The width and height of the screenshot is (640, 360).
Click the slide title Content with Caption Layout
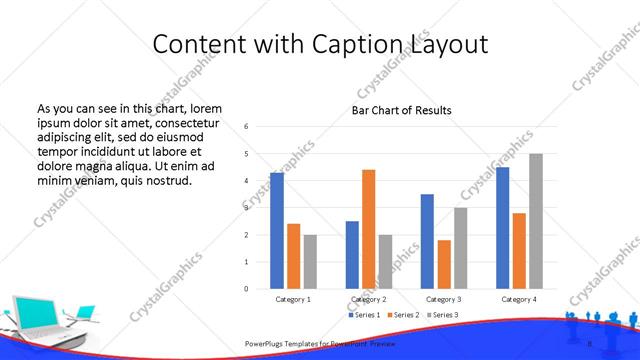320,45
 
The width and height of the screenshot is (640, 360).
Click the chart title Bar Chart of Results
401,110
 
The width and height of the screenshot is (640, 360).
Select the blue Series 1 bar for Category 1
277,231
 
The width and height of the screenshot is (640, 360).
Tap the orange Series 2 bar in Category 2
368,229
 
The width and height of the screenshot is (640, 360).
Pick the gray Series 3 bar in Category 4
536,221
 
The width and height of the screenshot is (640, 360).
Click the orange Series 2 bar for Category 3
444,264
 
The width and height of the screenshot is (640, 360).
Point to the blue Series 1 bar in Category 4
502,228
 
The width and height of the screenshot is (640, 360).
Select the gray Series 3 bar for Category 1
310,262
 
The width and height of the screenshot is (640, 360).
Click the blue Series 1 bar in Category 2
352,255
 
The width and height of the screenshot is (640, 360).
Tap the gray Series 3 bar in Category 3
460,248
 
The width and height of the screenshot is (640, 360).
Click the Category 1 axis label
293,299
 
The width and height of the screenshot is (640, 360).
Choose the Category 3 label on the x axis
444,299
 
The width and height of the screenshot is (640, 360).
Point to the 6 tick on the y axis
247,127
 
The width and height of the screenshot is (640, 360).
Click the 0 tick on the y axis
247,289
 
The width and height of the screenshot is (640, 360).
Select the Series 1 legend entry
363,315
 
